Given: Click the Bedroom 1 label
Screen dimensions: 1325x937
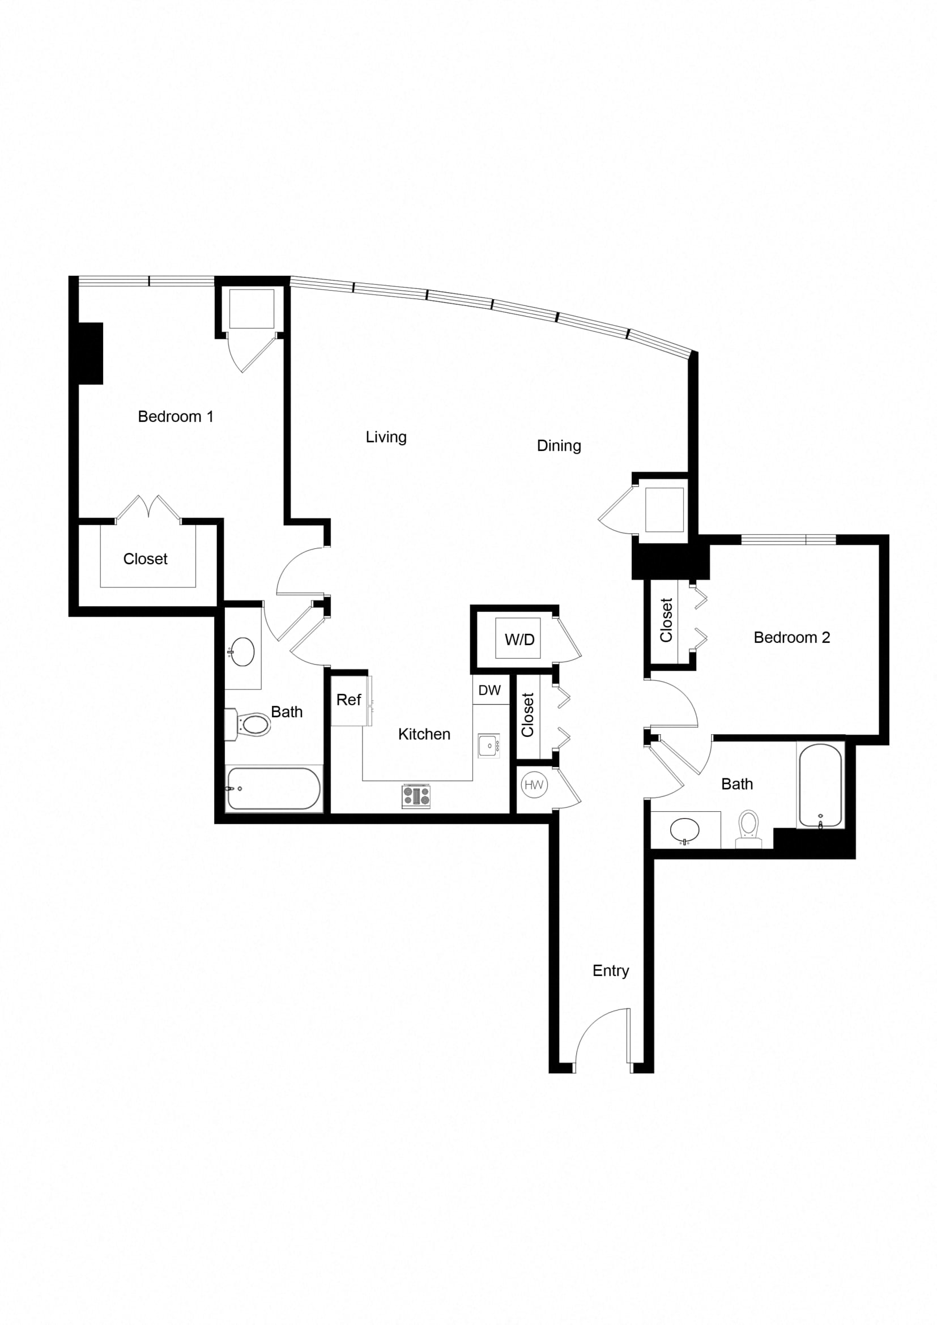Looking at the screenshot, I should click(x=176, y=417).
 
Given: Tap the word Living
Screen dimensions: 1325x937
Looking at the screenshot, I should click(x=386, y=437).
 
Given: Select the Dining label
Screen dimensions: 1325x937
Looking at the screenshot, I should click(x=559, y=445).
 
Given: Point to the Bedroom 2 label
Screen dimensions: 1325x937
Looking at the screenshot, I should click(x=791, y=638).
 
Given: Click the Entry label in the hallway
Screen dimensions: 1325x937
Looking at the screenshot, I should click(x=611, y=971).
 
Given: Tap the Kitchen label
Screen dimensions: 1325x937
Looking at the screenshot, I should click(x=424, y=734).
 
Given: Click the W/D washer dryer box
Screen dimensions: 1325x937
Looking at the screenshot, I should click(x=519, y=639).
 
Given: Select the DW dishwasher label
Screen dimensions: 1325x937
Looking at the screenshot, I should click(x=489, y=690).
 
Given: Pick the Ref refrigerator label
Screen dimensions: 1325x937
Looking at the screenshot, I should click(x=348, y=700).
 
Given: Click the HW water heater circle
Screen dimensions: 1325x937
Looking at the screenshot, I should click(x=534, y=785).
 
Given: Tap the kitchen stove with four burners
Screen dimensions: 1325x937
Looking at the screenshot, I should click(x=416, y=796).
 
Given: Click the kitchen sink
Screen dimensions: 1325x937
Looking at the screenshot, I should click(x=489, y=745).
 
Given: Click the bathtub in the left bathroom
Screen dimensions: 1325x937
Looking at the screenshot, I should click(x=273, y=789).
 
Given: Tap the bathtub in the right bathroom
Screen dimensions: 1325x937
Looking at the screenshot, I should click(x=820, y=785).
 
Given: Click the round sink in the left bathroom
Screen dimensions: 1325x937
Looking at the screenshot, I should click(x=242, y=651).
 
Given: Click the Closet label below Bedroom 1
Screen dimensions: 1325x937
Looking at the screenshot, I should click(x=146, y=559).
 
